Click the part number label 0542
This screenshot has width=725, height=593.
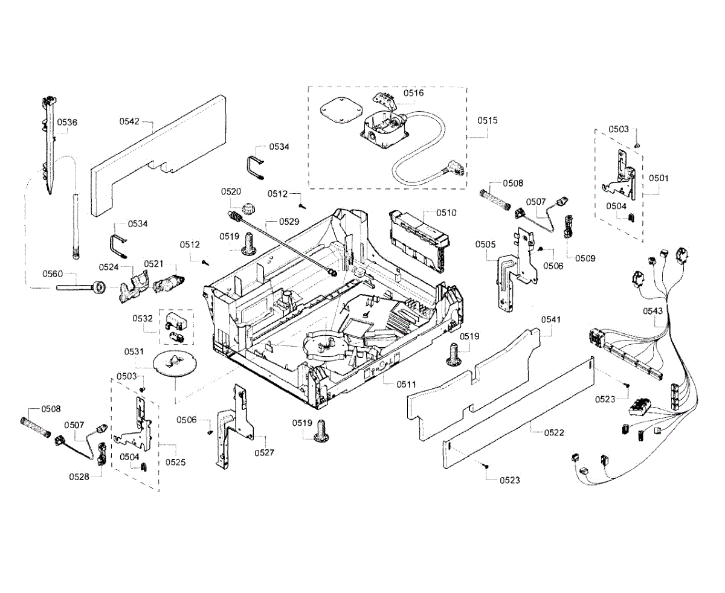pos(129,121)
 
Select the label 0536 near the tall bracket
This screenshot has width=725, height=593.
pos(67,122)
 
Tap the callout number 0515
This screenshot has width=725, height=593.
pos(487,120)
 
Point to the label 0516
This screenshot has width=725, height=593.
pos(414,93)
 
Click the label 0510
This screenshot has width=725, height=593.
pos(446,213)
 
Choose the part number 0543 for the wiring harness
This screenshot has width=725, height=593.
pos(653,310)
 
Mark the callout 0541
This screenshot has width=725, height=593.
pos(551,319)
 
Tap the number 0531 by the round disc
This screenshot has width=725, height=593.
pos(134,351)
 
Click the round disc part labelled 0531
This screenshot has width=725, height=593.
pos(172,364)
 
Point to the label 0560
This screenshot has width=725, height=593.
pos(53,274)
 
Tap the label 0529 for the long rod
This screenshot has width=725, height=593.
pos(289,222)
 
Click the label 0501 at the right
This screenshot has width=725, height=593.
pos(659,178)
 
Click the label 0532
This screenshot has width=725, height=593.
pos(143,318)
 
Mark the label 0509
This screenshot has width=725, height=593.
pos(585,258)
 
